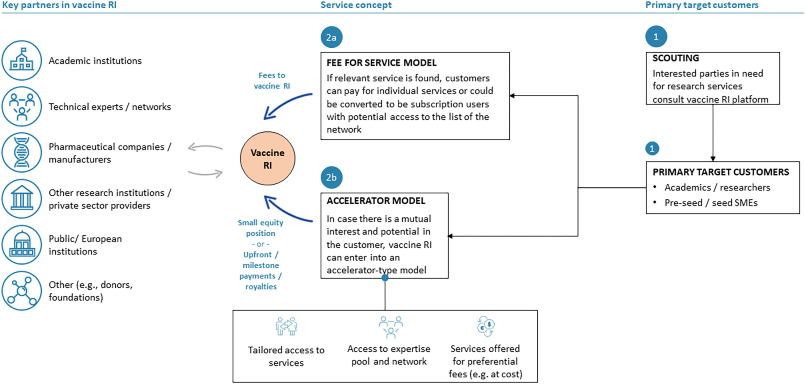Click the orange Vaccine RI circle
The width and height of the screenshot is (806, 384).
tap(267, 158)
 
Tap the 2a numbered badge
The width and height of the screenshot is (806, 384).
tap(331, 37)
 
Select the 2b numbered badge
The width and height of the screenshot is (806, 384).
tap(331, 177)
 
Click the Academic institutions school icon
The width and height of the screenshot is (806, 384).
tap(22, 60)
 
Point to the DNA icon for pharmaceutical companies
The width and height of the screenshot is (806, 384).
tap(22, 152)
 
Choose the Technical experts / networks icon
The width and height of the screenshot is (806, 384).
tap(22, 106)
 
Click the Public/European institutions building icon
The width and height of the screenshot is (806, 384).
tap(22, 245)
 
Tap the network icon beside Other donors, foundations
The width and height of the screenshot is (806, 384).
tap(22, 291)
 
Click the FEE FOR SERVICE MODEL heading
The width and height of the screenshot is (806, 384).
tap(382, 63)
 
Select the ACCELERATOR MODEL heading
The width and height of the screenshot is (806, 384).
tap(375, 201)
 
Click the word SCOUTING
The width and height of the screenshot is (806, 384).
tap(675, 58)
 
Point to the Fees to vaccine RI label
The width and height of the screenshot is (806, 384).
tap(271, 80)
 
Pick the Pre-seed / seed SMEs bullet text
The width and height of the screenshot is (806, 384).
tap(710, 203)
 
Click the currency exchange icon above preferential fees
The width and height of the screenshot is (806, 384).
tap(486, 326)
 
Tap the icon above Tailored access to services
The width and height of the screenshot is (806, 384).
tap(286, 327)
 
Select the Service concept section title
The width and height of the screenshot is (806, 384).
tap(356, 5)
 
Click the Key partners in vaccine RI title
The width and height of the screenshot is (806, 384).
tap(59, 5)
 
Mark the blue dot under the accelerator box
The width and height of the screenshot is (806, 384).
tap(385, 278)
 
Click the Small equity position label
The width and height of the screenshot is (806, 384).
tap(261, 228)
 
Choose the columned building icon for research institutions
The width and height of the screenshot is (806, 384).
tap(22, 199)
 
